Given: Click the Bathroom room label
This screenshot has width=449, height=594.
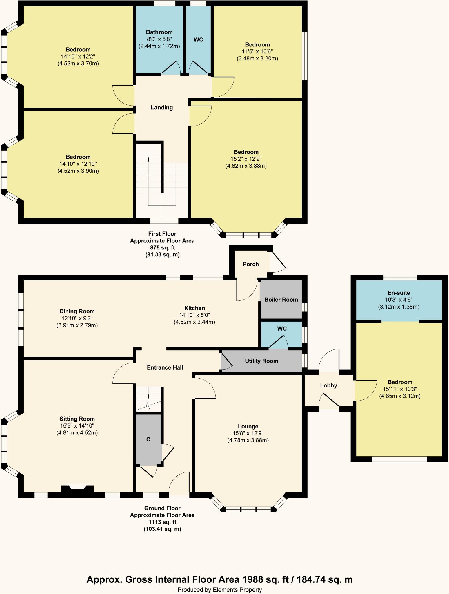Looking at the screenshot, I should (x=159, y=32).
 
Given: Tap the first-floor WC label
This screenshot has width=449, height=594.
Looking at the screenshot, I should (x=198, y=40).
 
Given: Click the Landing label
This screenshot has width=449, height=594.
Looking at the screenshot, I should (x=162, y=108).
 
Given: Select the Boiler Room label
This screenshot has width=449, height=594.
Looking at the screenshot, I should (x=281, y=300).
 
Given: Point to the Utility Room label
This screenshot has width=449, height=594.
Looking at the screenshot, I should (x=261, y=361).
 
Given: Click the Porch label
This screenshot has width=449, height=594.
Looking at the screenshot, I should (x=250, y=264).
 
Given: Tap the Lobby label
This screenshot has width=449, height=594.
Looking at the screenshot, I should (x=328, y=385).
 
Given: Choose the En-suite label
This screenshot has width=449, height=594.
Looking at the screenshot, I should (x=399, y=293).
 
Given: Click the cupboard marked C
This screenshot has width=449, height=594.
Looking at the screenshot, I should (x=148, y=439).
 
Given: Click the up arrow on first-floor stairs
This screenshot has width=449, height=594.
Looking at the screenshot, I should (x=148, y=159).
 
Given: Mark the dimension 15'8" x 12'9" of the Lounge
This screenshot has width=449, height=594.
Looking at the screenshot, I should (x=248, y=433).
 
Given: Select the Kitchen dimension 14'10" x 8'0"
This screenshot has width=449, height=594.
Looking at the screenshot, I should (x=194, y=315).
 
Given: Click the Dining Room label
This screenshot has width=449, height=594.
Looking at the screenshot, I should (x=77, y=312).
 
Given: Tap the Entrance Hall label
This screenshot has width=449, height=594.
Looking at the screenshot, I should (x=165, y=368).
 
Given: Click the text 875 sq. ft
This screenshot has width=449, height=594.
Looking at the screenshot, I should (x=162, y=248).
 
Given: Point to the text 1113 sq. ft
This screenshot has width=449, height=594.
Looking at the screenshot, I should (x=162, y=522).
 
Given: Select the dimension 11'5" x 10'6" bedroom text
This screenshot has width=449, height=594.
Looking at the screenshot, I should (x=257, y=52).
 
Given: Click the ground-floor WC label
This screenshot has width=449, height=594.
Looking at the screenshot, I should (x=282, y=329).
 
